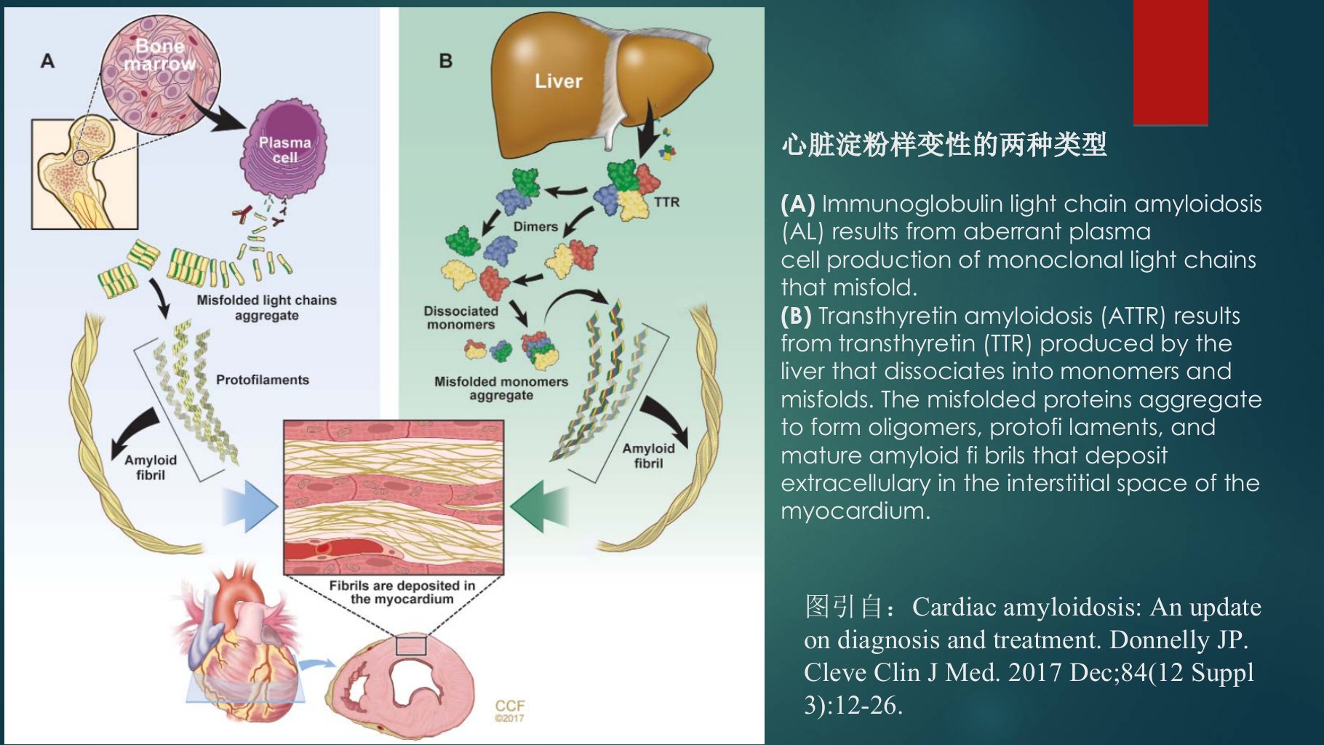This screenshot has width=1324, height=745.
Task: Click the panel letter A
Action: click(x=47, y=61)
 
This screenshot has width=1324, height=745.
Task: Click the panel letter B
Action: click(x=446, y=61)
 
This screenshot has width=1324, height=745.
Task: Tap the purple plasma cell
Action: click(x=284, y=149)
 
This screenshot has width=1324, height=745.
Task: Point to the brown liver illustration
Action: click(x=600, y=84)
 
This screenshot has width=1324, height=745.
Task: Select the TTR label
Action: click(x=666, y=202)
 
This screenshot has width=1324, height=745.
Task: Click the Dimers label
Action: click(x=535, y=226)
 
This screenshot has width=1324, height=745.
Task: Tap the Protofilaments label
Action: click(x=263, y=380)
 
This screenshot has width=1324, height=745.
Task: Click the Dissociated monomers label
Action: click(x=461, y=318)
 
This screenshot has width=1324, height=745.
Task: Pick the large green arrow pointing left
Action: click(x=539, y=507)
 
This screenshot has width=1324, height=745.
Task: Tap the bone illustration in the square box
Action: click(x=84, y=175)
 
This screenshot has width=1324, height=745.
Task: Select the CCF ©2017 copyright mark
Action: click(x=509, y=710)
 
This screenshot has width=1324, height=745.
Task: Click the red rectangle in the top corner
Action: click(x=1171, y=63)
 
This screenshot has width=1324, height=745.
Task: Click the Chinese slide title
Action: click(x=944, y=145)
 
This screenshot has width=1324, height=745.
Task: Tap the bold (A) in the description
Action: click(x=797, y=204)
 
